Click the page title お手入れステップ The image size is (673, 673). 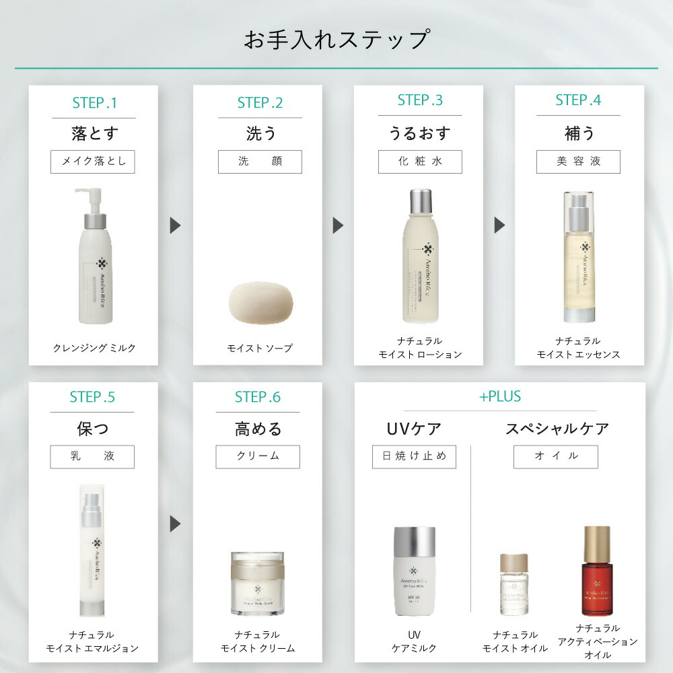[336, 39]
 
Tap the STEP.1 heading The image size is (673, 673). [94, 103]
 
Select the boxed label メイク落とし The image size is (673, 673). [93, 162]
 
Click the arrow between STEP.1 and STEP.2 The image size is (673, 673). [175, 225]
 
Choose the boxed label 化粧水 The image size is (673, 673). [420, 162]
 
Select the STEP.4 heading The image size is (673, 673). [578, 100]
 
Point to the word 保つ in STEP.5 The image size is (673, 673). [93, 429]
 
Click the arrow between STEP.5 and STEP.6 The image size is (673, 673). [175, 524]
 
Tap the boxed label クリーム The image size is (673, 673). [257, 456]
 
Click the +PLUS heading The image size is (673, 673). [499, 396]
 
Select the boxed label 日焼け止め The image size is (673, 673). [414, 456]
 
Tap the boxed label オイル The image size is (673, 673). [556, 456]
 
